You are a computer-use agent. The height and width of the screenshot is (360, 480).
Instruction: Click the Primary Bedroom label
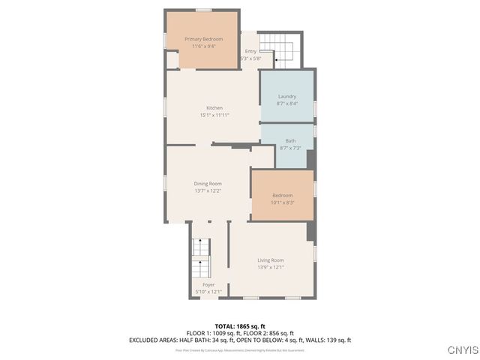[x=202, y=38]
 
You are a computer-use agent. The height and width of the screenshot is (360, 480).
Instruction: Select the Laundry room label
[x=286, y=96]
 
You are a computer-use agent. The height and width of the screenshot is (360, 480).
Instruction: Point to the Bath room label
[x=290, y=140]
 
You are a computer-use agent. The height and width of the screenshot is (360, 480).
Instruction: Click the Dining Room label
[x=207, y=183]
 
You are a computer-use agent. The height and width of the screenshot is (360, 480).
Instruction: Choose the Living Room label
[x=270, y=259]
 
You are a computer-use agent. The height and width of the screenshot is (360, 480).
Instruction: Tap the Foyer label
[x=208, y=284]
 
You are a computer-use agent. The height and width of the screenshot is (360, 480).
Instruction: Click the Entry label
[x=250, y=51]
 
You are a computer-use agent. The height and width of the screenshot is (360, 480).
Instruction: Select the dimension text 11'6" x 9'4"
[x=202, y=46]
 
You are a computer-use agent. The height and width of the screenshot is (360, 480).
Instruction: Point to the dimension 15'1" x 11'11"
[x=214, y=115]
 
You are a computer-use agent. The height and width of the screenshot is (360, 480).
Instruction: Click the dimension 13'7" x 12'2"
[x=207, y=190]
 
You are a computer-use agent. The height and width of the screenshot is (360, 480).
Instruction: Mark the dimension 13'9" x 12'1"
[x=270, y=267]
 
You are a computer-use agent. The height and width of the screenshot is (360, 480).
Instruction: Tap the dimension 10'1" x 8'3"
[x=282, y=202]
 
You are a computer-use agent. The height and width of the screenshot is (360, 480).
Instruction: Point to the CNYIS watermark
[x=461, y=350]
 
